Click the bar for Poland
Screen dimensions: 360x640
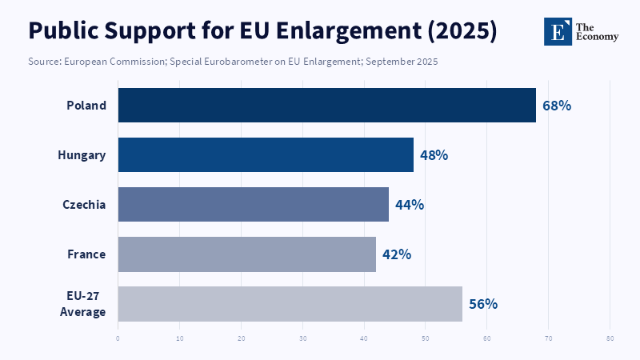pos(326,105)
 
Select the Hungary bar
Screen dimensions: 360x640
pos(266,154)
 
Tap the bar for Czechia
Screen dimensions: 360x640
pos(253,204)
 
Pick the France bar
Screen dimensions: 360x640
pos(246,254)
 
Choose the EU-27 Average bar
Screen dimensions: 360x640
pos(290,303)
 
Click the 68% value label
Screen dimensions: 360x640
pos(557,105)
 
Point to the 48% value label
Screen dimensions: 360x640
pos(434,154)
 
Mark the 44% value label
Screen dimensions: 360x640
pos(410,204)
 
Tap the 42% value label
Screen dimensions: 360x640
pos(397,254)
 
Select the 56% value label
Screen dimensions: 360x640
pos(483,303)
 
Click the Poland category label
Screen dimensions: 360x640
pos(86,105)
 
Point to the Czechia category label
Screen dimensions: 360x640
pos(84,204)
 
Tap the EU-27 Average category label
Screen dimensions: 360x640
pos(83,303)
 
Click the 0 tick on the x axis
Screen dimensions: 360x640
pos(118,338)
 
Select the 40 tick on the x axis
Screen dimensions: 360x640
pos(364,338)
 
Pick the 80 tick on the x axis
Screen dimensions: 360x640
pos(610,338)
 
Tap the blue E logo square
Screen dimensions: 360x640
pos(558,30)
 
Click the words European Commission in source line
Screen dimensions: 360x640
pos(107,62)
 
